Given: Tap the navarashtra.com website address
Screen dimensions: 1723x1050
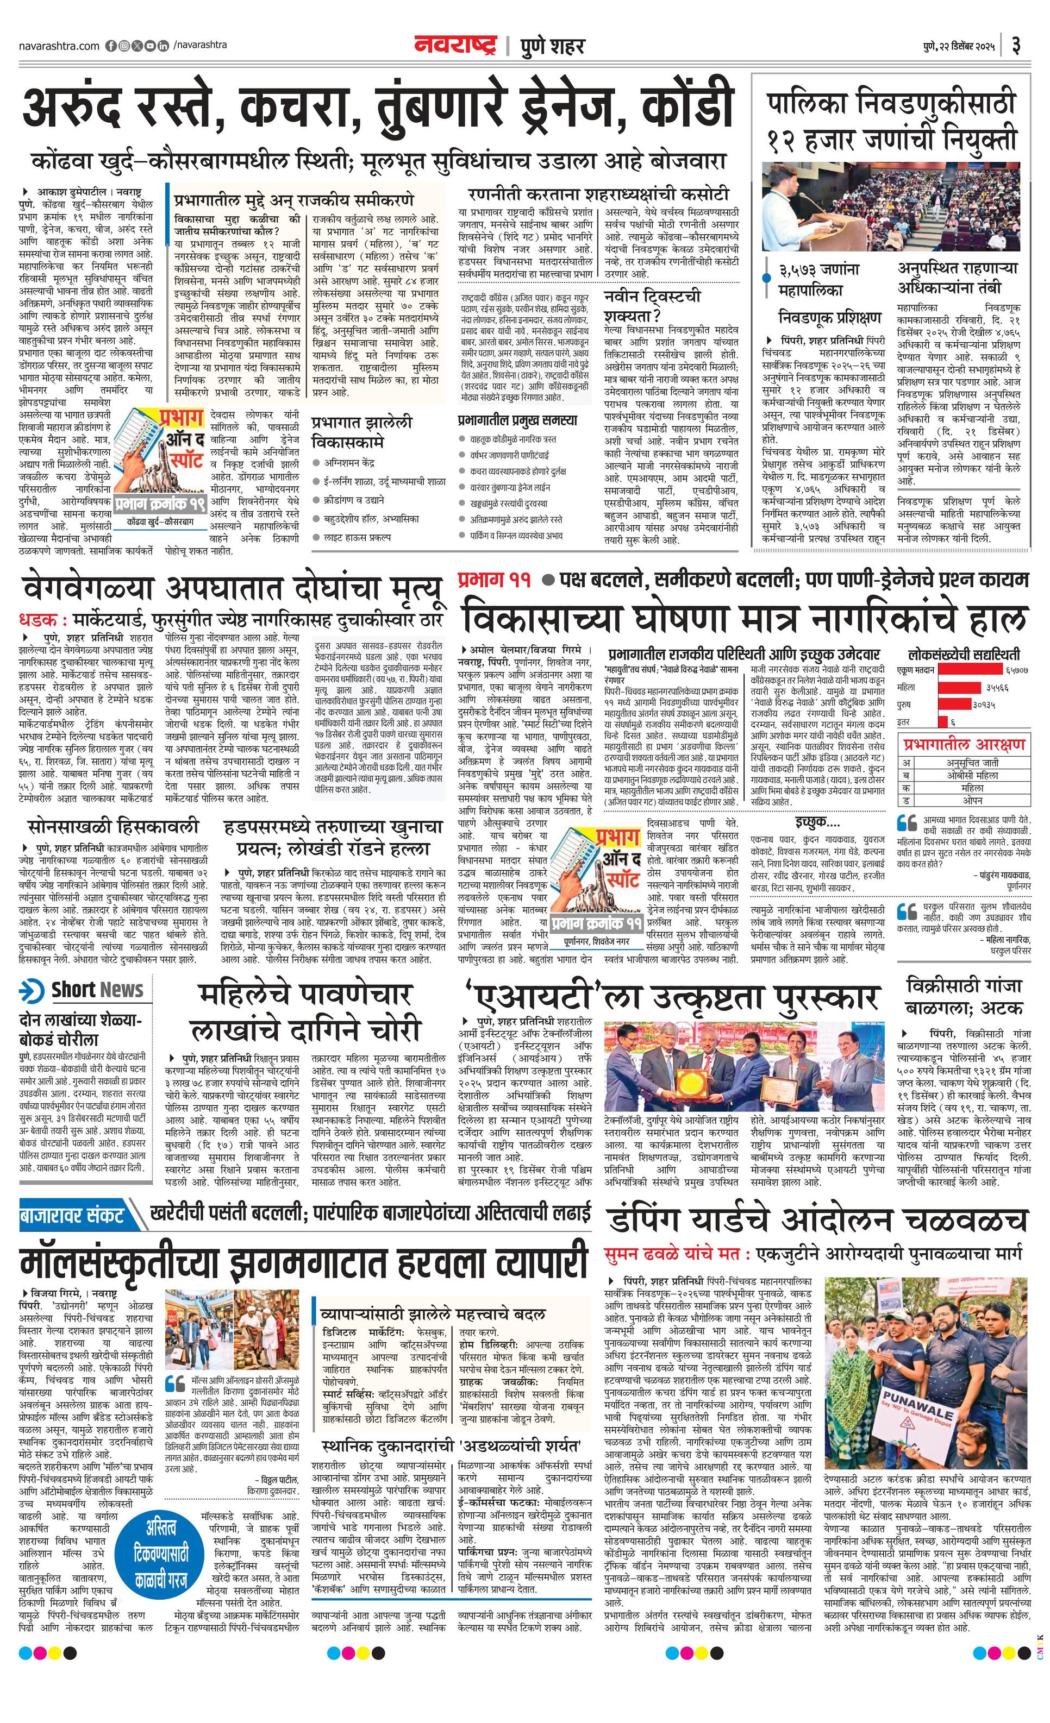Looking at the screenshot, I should [59, 46].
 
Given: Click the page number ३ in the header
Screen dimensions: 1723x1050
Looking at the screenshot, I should [1016, 46].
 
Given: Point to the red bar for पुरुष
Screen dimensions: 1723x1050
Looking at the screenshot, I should [958, 704].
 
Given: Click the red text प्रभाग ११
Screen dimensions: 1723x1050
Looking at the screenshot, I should [494, 580].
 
